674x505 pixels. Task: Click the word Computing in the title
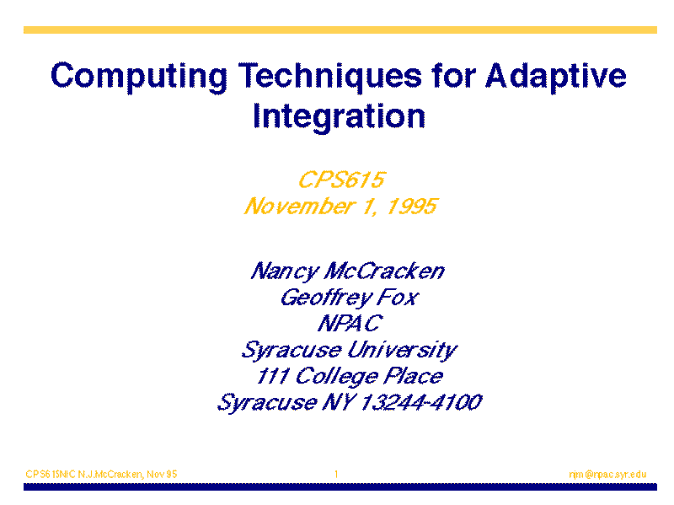coord(139,77)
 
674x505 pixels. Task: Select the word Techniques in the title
coord(330,76)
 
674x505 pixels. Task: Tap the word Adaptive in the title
coord(556,77)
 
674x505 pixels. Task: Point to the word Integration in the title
coord(340,116)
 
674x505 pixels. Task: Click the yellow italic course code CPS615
coord(342,180)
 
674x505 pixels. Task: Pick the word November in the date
coord(299,206)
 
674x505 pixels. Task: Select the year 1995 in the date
coord(412,206)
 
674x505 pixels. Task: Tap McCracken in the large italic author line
coord(384,271)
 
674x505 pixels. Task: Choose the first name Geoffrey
coord(326,298)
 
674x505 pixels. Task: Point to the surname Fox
coord(398,298)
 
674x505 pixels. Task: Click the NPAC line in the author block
coord(350,324)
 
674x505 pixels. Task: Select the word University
coord(402,351)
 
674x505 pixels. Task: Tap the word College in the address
coord(336,377)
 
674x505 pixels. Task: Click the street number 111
coord(272,376)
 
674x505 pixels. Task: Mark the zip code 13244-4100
coord(420,402)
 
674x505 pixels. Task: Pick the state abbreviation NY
coord(339,402)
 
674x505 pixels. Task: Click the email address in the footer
coord(607,474)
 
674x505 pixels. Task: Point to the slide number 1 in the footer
coord(336,474)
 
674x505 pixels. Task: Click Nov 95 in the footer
coord(162,474)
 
